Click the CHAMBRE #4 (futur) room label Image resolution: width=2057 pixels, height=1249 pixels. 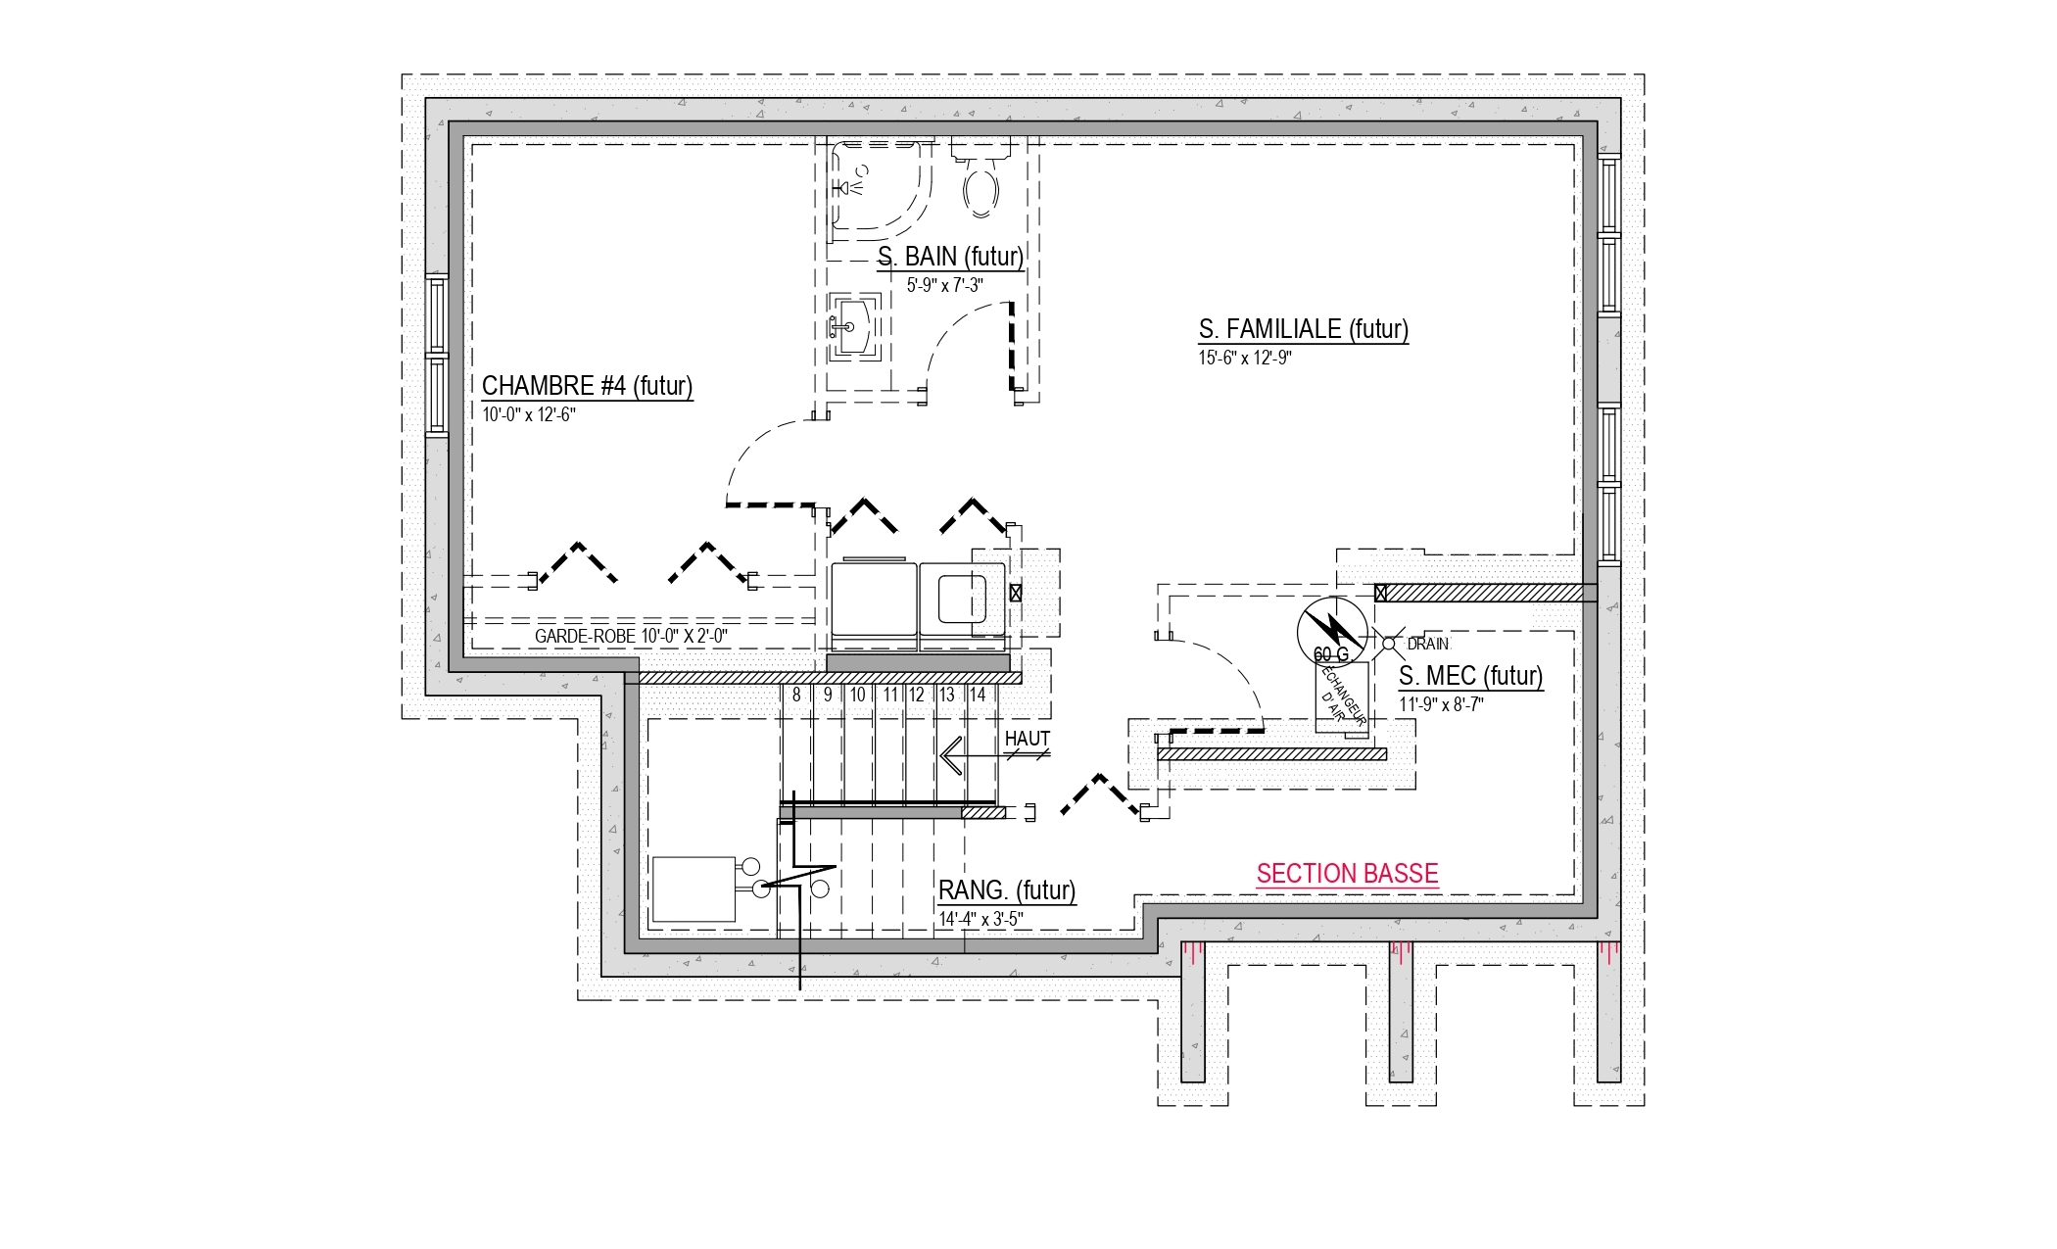(x=587, y=385)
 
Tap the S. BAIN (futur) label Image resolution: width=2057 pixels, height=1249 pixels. (x=950, y=257)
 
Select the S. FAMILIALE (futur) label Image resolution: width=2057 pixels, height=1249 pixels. (x=1304, y=329)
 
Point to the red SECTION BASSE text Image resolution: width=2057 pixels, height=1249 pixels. (x=1347, y=873)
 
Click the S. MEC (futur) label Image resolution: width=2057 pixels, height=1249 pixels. (x=1470, y=676)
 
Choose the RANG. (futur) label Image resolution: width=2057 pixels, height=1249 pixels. (x=1007, y=890)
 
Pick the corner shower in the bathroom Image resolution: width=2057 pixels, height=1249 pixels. (x=881, y=188)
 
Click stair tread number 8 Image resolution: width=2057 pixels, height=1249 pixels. (x=796, y=696)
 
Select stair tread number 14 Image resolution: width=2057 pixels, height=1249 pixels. (x=977, y=696)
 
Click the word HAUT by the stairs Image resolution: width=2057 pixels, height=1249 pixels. (x=1028, y=739)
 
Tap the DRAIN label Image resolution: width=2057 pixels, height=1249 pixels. (x=1428, y=645)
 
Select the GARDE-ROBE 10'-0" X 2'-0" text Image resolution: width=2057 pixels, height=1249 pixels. (x=631, y=637)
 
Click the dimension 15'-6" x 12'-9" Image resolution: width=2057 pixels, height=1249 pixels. (x=1245, y=358)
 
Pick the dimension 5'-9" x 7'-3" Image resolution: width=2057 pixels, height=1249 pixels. (x=944, y=285)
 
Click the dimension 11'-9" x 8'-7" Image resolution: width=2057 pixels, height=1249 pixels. (x=1441, y=704)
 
